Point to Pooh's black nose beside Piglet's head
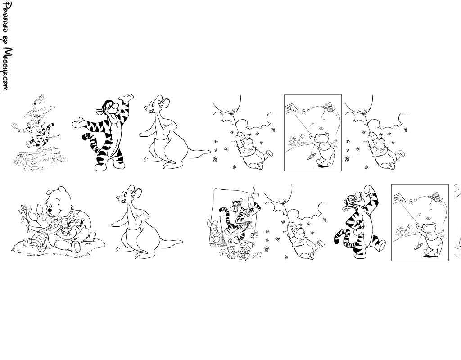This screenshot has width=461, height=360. (x=50, y=211)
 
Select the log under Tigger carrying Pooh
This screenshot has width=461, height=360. (x=40, y=159)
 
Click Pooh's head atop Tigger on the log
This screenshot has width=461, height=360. (x=39, y=104)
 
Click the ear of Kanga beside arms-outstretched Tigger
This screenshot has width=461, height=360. (x=165, y=103)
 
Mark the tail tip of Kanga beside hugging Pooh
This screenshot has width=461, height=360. (x=181, y=242)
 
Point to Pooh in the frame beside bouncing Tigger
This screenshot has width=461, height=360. (x=431, y=238)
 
